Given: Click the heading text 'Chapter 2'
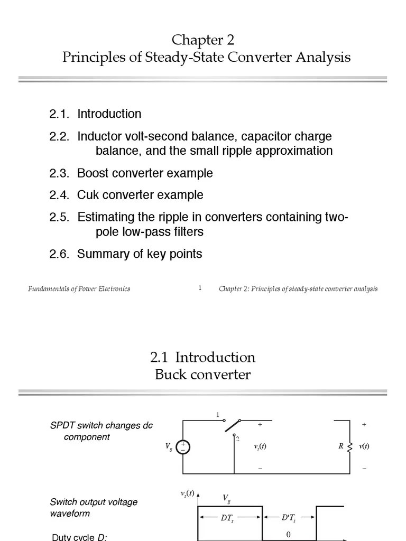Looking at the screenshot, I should tap(203, 40).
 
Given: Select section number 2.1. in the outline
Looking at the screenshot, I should tap(59, 114).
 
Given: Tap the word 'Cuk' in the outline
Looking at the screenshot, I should tap(88, 195).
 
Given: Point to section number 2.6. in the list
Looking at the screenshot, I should tap(59, 254).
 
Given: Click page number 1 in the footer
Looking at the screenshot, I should tap(200, 288).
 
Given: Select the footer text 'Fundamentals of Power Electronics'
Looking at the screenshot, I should tap(79, 289).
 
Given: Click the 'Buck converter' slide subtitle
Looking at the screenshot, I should tap(202, 375).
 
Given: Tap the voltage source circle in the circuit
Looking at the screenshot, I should tap(183, 447).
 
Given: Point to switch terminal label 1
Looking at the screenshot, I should tap(217, 415).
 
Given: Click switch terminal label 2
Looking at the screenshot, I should tap(238, 439).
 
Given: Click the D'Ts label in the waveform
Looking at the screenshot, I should tap(289, 518).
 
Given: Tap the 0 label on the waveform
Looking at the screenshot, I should tap(289, 535).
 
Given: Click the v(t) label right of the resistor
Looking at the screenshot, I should tap(364, 446).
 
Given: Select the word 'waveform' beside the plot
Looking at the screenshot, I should tap(70, 514).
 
